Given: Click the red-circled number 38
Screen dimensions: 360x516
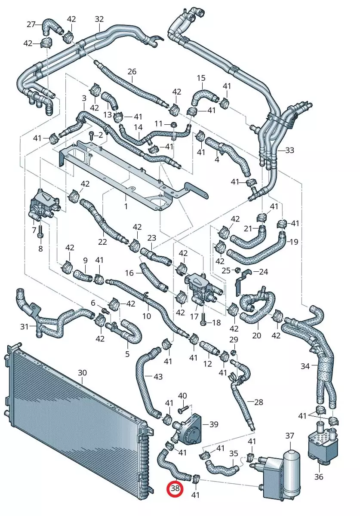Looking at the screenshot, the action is click(175, 488).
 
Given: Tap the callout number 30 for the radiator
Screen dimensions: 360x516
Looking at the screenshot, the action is click(82, 372).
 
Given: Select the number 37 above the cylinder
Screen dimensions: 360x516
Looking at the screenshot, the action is click(290, 436).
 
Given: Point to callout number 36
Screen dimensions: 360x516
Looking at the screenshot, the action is click(319, 476).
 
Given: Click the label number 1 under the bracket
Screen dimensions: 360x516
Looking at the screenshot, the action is click(126, 206).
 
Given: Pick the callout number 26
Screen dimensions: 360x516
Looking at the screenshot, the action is click(132, 71).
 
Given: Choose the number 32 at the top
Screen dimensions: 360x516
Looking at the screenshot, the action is click(99, 19).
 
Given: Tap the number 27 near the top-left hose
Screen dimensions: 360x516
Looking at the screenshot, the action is click(31, 24).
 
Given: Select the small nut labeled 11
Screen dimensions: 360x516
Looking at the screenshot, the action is click(173, 124).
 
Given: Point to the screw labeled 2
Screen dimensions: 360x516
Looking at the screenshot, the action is click(92, 135).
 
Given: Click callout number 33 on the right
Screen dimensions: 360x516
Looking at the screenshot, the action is click(289, 150).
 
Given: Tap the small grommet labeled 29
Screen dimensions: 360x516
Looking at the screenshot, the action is click(234, 352).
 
